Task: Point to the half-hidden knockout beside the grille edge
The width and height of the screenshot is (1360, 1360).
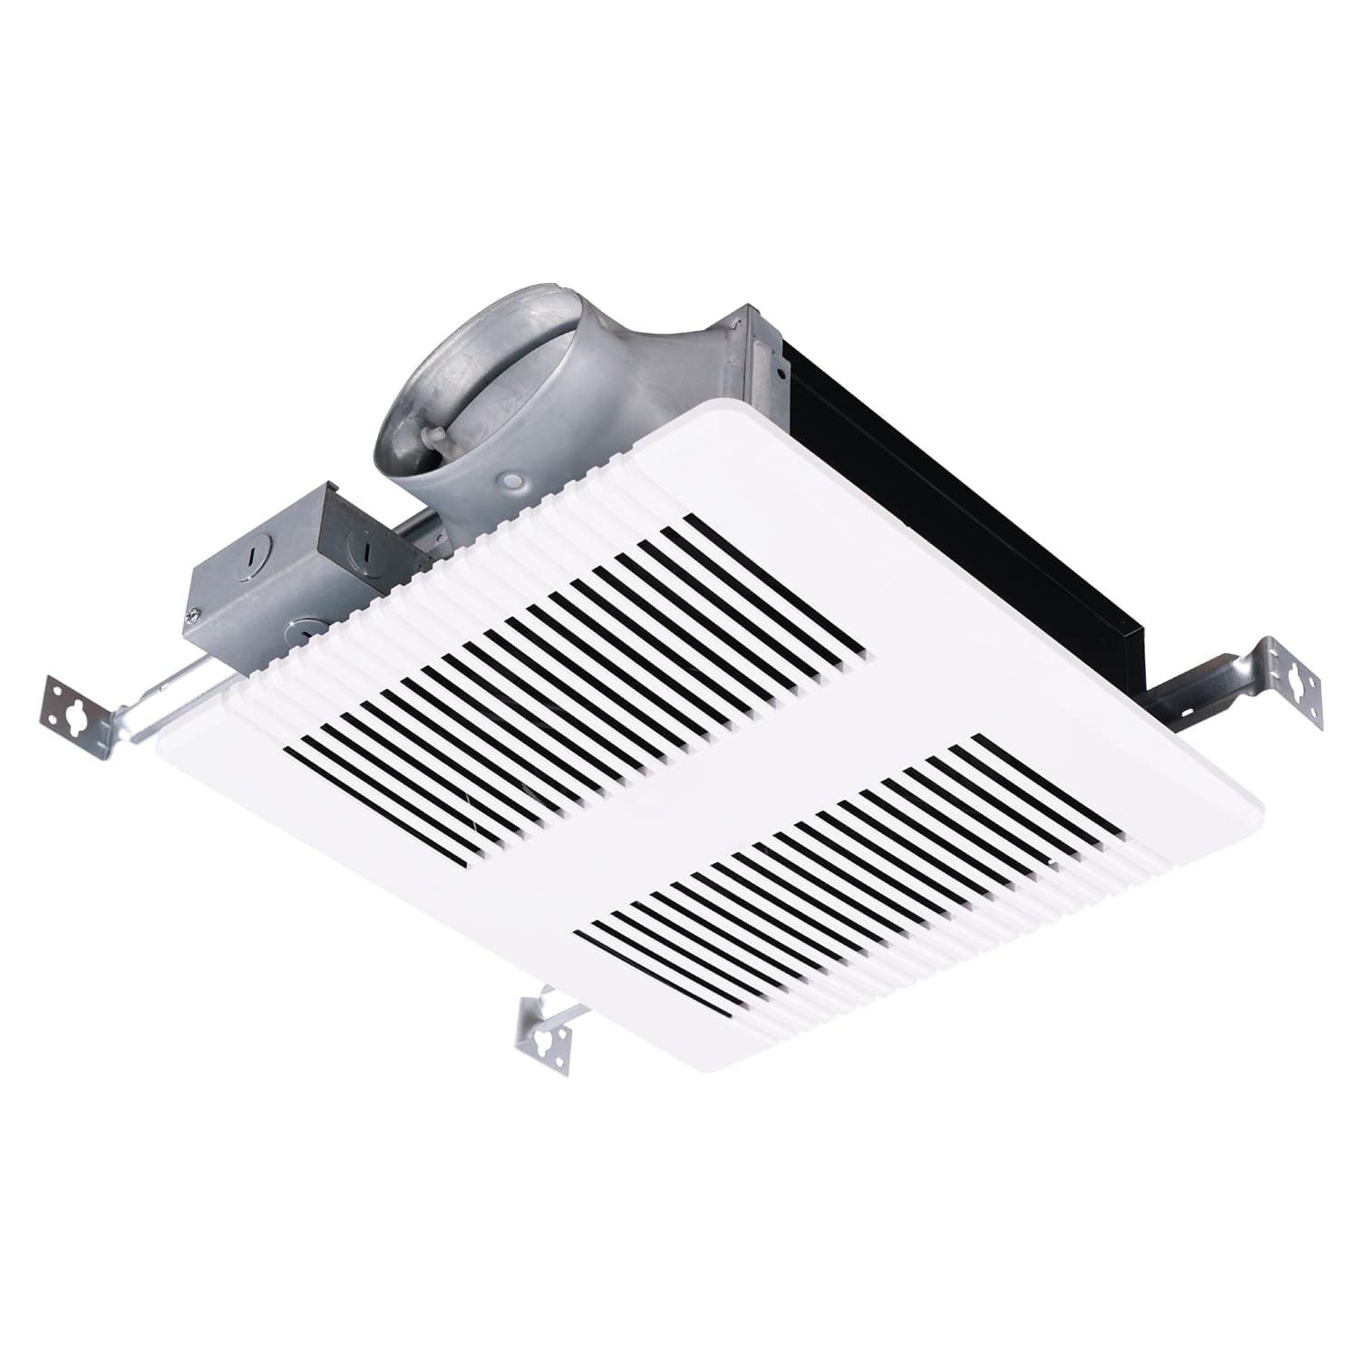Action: (x=308, y=626)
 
